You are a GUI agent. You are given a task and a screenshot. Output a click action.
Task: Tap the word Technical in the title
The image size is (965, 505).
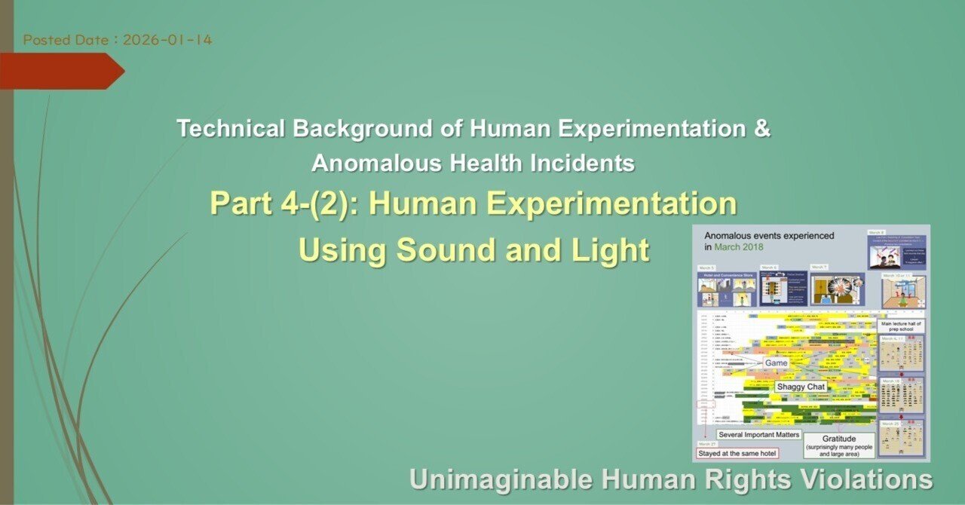pyautogui.click(x=231, y=129)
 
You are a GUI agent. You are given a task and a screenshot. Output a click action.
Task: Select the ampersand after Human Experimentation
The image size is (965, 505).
pyautogui.click(x=762, y=129)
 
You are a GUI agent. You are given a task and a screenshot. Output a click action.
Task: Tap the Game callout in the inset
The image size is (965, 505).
pyautogui.click(x=776, y=363)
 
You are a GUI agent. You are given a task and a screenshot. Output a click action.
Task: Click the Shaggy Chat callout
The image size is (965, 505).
pyautogui.click(x=801, y=387)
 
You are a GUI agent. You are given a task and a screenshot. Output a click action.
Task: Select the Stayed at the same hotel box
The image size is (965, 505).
pyautogui.click(x=737, y=453)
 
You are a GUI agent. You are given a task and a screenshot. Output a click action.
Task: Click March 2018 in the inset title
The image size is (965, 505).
pyautogui.click(x=737, y=247)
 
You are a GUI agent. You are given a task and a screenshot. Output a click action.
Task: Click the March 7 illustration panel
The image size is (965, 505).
pyautogui.click(x=836, y=289)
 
